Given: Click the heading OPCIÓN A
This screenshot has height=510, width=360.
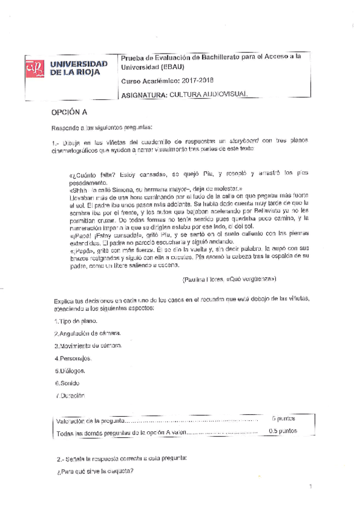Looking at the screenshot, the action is click(x=70, y=112).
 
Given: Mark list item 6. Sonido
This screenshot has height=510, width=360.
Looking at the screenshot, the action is click(x=67, y=382).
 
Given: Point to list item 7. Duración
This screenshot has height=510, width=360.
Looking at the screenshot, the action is click(x=70, y=395).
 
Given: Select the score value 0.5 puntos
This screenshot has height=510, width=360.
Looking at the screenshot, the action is click(x=282, y=431).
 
